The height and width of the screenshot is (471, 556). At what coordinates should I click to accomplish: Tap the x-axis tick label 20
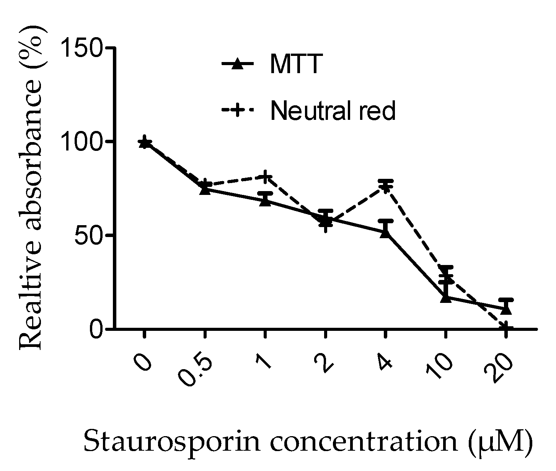pyautogui.click(x=498, y=368)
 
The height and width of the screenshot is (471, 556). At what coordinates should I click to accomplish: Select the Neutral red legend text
pyautogui.click(x=333, y=111)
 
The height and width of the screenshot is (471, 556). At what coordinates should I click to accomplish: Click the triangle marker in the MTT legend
pyautogui.click(x=238, y=64)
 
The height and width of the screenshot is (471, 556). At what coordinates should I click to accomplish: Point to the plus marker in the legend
pyautogui.click(x=238, y=111)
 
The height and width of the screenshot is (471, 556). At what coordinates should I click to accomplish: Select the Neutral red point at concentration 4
pyautogui.click(x=385, y=187)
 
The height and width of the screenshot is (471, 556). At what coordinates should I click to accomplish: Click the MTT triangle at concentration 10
pyautogui.click(x=445, y=297)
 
